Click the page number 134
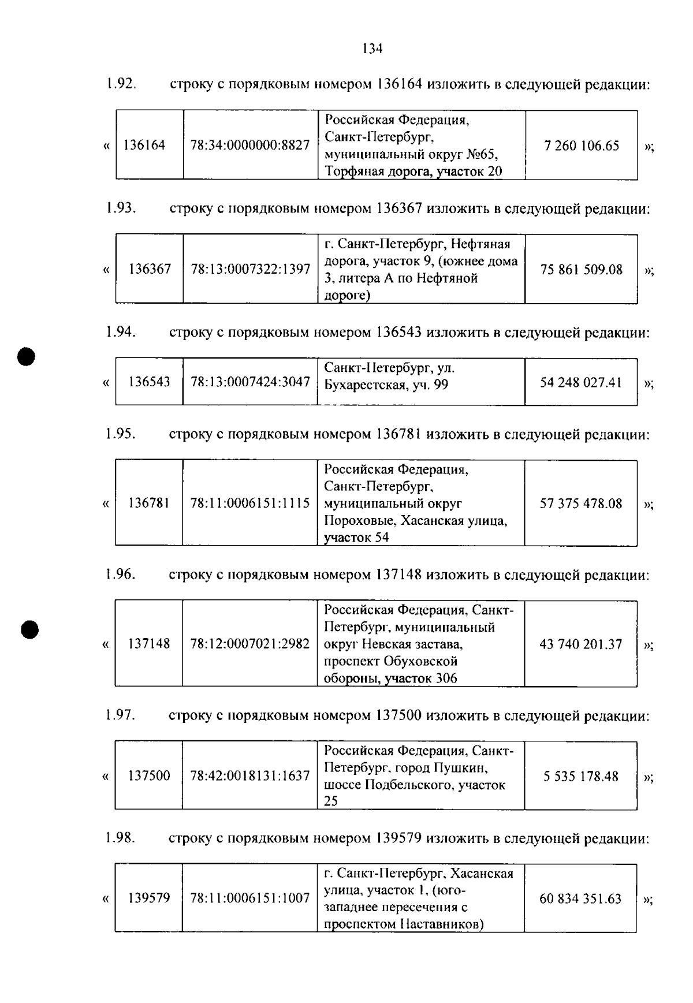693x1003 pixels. [x=372, y=49]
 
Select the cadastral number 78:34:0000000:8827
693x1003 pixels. [x=250, y=146]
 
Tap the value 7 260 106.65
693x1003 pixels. [x=582, y=146]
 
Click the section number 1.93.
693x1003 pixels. [x=121, y=208]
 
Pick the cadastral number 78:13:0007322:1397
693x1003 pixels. [x=250, y=269]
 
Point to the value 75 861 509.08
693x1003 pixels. [x=582, y=270]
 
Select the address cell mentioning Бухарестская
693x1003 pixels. [x=420, y=376]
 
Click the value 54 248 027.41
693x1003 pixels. [x=581, y=382]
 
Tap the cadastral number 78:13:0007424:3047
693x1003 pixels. [x=250, y=382]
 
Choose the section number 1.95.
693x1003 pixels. [x=120, y=434]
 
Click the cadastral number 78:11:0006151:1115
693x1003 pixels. [x=250, y=504]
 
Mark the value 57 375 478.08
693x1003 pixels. [x=581, y=504]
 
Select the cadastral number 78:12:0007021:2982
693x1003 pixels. [x=250, y=644]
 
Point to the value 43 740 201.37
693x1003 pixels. [x=581, y=644]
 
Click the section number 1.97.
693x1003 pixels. [x=120, y=715]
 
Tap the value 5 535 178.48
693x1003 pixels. [x=581, y=776]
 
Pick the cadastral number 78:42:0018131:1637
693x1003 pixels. [x=250, y=776]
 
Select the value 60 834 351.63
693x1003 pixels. [x=580, y=898]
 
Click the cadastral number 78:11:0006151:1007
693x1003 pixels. [x=250, y=898]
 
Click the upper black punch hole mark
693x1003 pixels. [x=26, y=356]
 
